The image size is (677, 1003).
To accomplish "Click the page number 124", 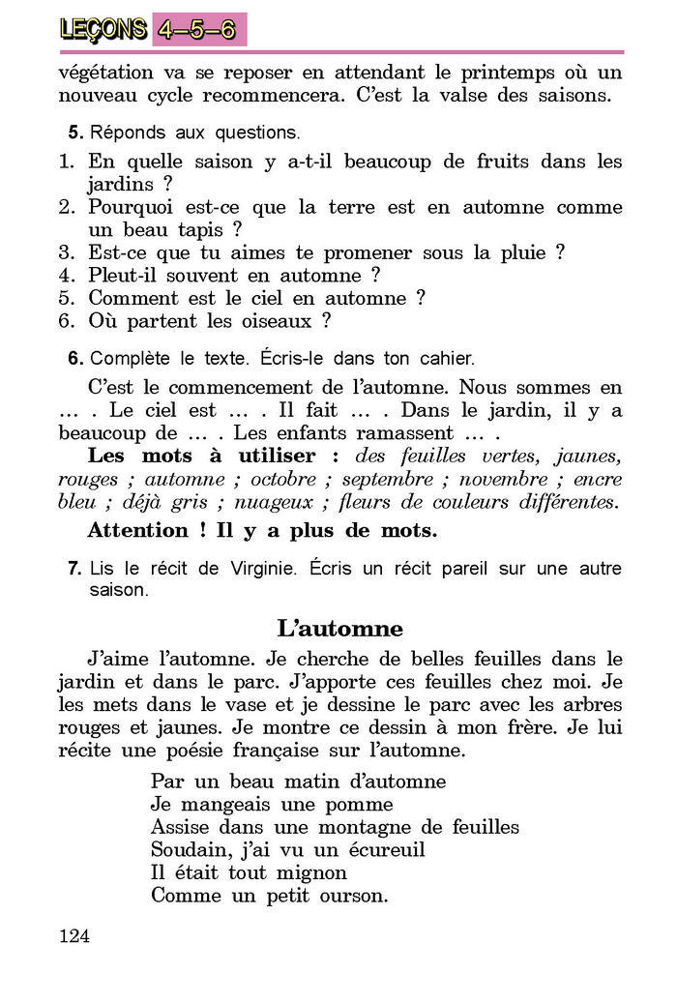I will click(74, 935).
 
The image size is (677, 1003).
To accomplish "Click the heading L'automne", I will click(339, 629).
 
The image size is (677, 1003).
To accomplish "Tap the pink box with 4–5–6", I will click(198, 29).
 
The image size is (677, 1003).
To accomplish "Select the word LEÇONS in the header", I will click(103, 30).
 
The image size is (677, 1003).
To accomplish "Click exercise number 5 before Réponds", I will click(73, 133).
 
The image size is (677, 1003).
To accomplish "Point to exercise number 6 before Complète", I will click(74, 359).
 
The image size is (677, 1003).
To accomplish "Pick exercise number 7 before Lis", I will click(74, 569).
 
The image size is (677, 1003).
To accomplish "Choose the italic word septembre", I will click(387, 480).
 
